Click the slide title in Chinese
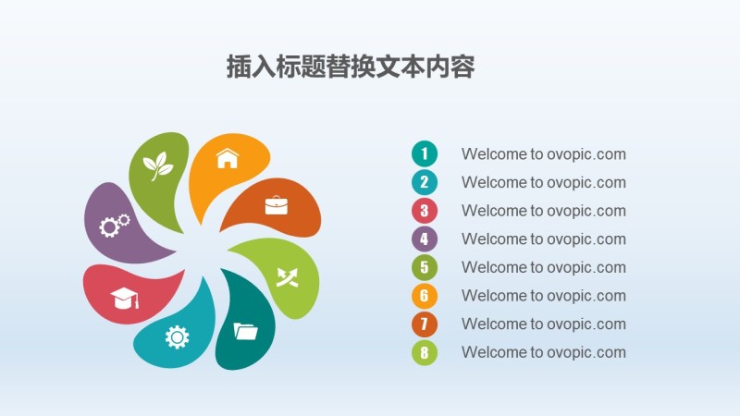coord(351,67)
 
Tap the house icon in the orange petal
coord(227,158)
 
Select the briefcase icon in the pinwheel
coord(277,205)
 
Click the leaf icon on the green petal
coord(157,166)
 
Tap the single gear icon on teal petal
coord(177,336)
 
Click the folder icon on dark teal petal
coord(246,330)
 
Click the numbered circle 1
coord(425,153)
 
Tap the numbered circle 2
coord(425,182)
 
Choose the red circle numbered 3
coord(425,211)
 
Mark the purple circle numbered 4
coord(425,239)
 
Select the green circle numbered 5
coord(425,267)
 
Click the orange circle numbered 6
coord(425,296)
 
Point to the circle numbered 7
coord(425,324)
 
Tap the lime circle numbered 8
coord(425,352)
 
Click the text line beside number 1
coord(544,154)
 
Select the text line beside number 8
coord(544,352)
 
